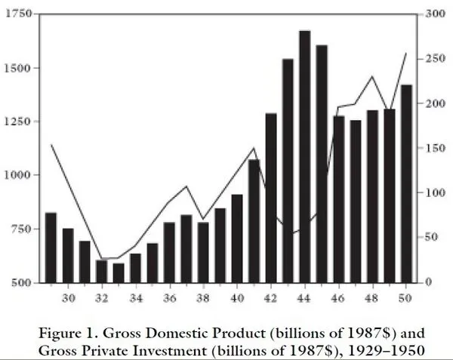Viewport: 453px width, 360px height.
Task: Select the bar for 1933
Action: pos(119,272)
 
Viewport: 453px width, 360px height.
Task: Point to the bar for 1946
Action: pos(339,199)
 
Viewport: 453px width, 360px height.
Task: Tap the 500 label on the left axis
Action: pos(21,282)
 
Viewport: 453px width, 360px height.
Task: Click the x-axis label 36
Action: pos(169,297)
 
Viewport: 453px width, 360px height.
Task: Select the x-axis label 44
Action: pos(305,297)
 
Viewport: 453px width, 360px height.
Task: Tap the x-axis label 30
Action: pos(68,297)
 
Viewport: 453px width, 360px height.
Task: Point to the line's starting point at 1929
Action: pos(51,145)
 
